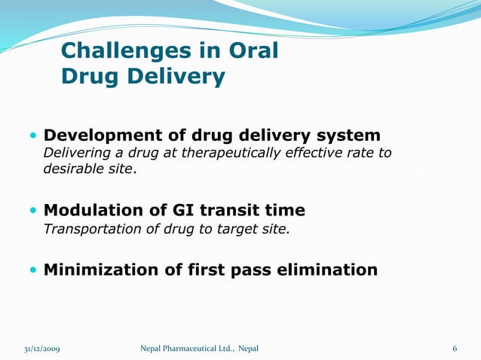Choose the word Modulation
(93, 210)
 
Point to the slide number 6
(455, 349)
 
